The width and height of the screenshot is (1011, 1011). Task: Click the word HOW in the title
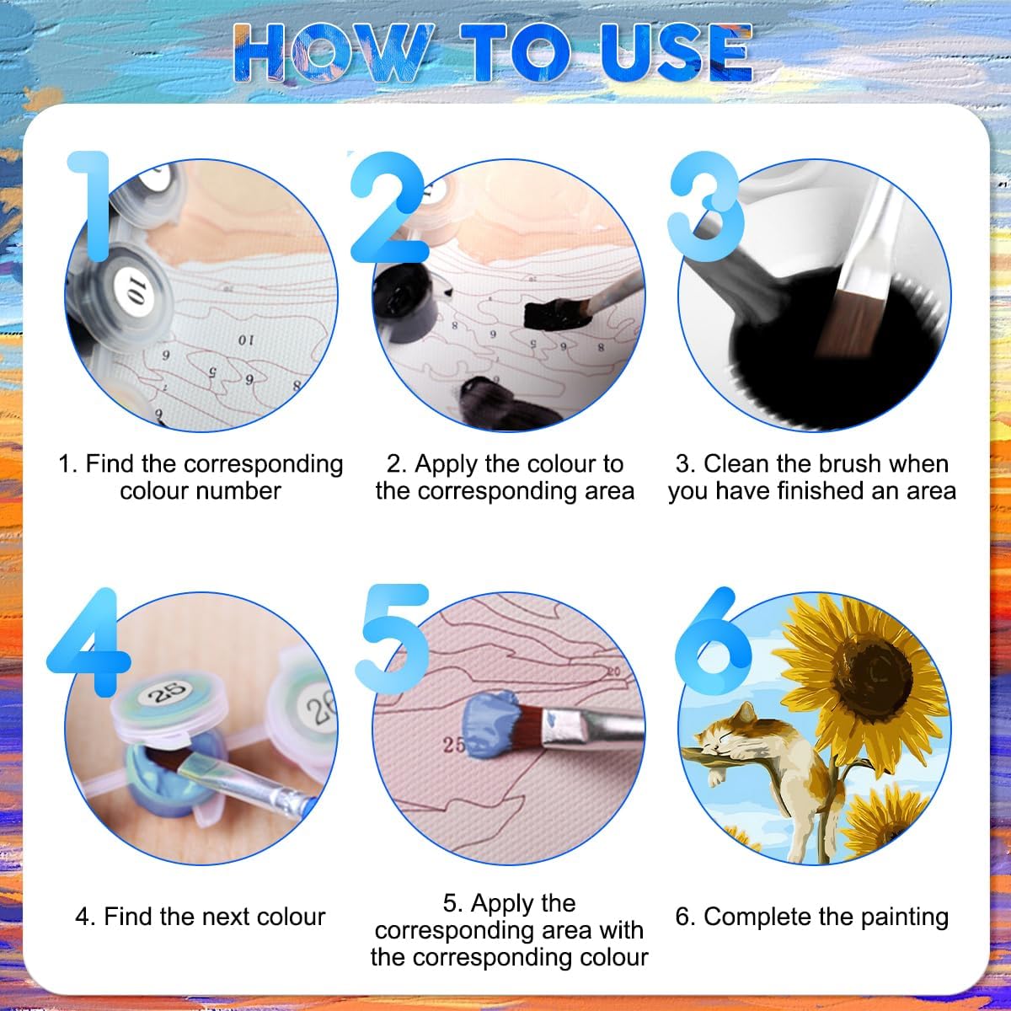[334, 52]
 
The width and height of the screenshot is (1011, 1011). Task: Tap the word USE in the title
[677, 52]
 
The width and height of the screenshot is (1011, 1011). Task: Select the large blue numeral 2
[388, 207]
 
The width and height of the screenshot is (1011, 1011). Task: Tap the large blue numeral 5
[393, 638]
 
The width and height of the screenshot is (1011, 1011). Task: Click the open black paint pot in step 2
[405, 302]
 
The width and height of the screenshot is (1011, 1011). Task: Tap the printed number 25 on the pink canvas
[454, 745]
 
